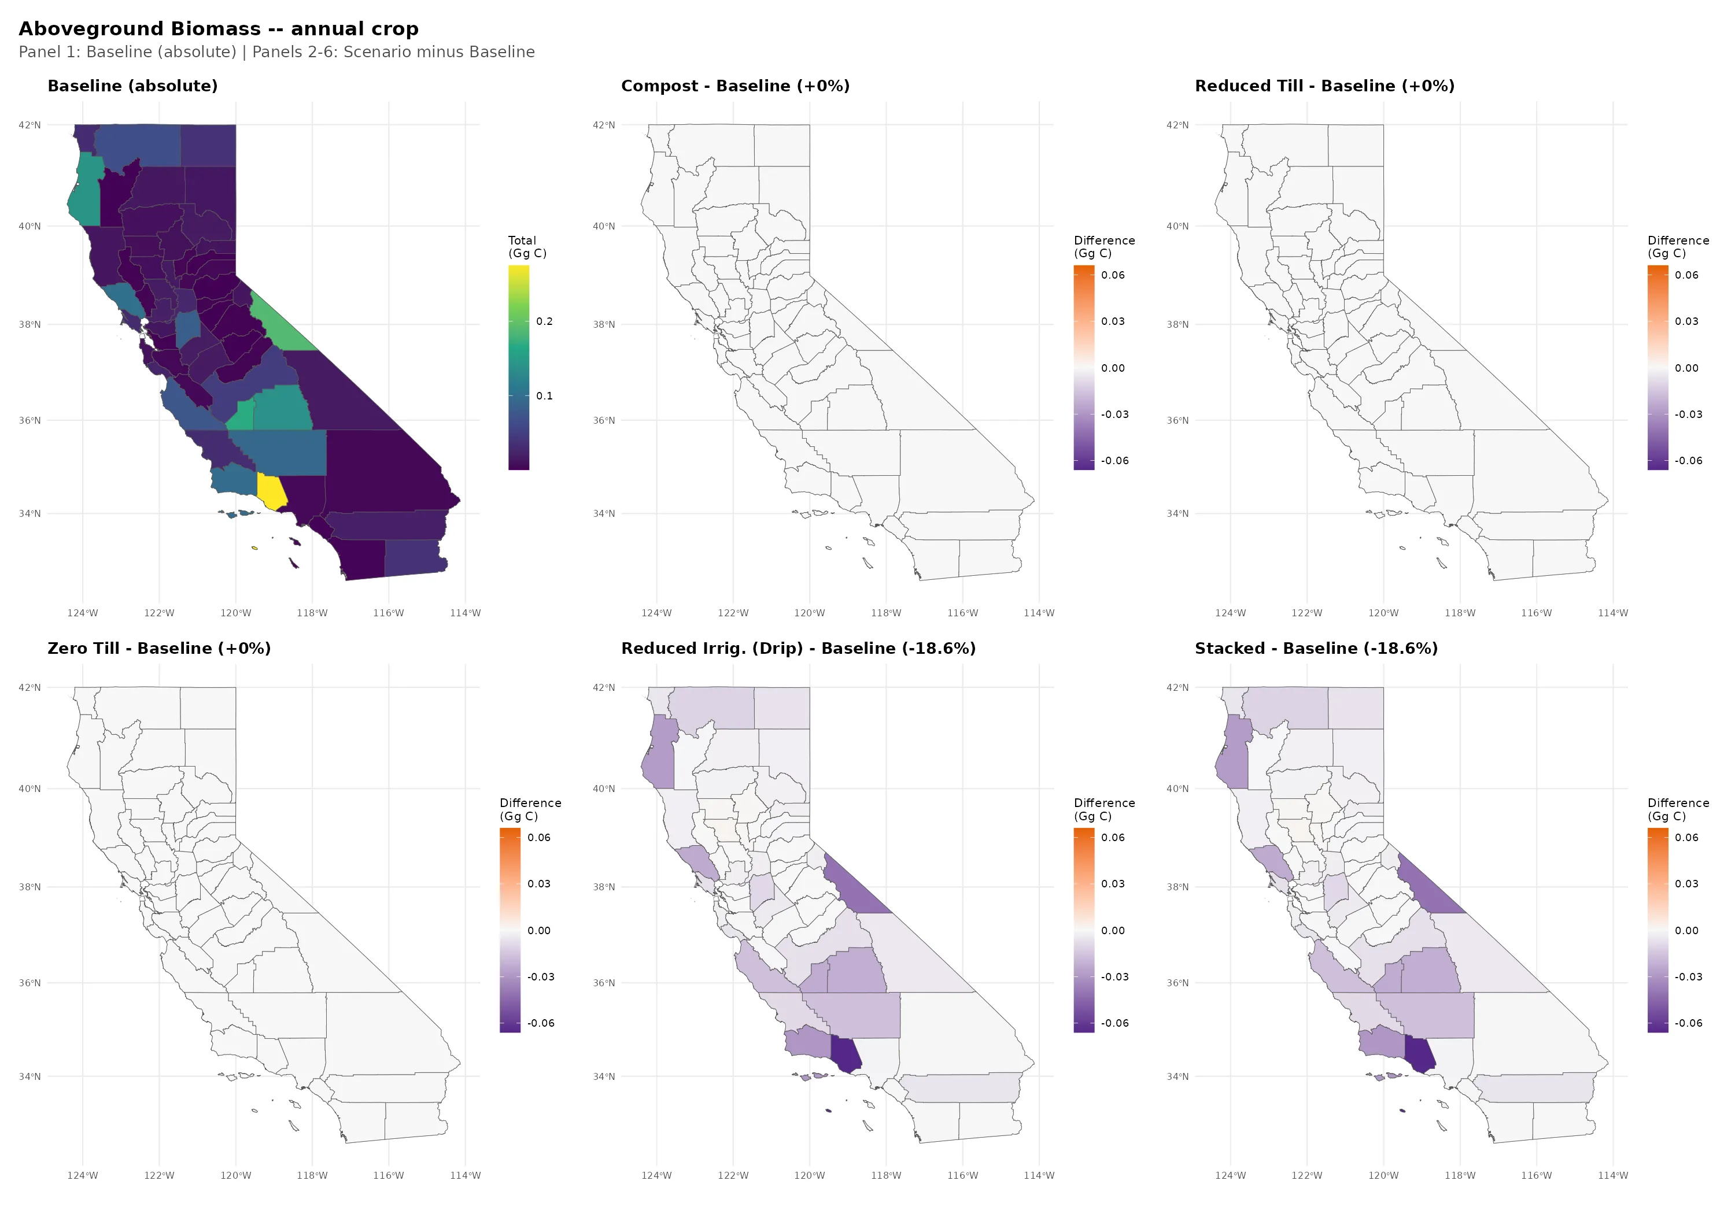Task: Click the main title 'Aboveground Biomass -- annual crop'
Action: coord(219,29)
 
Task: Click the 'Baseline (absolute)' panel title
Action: coord(132,86)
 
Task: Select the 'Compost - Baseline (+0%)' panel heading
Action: coord(734,86)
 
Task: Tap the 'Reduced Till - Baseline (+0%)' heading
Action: coord(1324,86)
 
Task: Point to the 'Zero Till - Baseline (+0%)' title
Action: coord(158,648)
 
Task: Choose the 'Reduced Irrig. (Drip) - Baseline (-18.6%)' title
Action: coord(798,648)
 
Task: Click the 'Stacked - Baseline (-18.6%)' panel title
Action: coord(1316,648)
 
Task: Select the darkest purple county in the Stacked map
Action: coord(1419,1054)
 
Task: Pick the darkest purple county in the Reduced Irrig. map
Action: coord(846,1054)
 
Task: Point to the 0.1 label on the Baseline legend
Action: coord(544,396)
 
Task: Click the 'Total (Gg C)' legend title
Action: coord(527,247)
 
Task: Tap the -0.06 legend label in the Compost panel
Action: coord(1114,461)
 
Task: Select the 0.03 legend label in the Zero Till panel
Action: coord(539,884)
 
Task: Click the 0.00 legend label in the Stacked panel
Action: coord(1686,931)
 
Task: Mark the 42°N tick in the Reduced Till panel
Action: coord(1176,125)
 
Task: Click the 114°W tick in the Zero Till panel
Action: coord(465,1175)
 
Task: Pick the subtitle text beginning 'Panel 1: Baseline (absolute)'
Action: coord(276,52)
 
